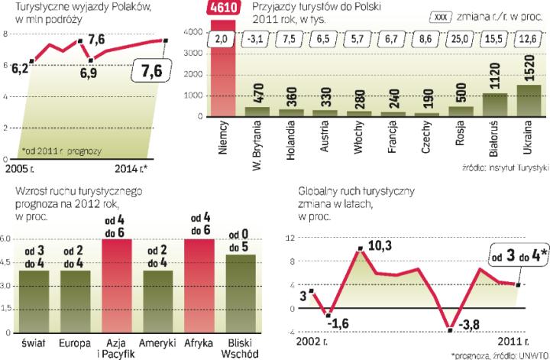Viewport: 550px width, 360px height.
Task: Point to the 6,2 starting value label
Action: tap(20, 68)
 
